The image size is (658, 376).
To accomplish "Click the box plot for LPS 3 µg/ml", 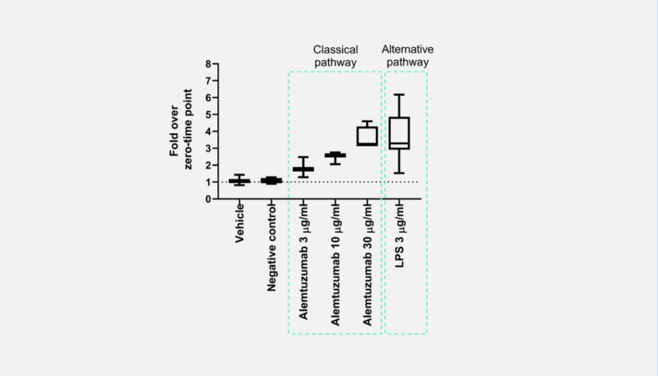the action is point(399,134).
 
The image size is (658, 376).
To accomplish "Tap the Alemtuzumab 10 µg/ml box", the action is point(335,156).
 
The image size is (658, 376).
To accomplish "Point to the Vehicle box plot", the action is point(239,181).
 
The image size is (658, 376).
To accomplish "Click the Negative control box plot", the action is point(271,181).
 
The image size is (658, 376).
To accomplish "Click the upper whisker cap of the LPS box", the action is point(399,94).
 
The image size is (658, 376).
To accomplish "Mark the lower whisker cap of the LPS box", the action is point(399,173).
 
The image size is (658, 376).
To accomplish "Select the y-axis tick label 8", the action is point(208,64).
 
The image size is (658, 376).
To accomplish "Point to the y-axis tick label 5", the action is point(208,114).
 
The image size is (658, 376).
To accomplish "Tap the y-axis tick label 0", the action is point(208,199).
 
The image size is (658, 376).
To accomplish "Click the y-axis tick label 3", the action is point(208,148).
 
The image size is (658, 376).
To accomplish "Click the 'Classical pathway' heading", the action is point(335,56).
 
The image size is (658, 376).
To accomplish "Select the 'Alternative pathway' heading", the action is point(407,56).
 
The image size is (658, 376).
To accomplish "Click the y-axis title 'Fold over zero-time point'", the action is point(181,129).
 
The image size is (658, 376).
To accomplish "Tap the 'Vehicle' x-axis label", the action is point(239,223).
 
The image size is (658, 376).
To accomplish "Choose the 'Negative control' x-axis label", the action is point(272,248).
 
